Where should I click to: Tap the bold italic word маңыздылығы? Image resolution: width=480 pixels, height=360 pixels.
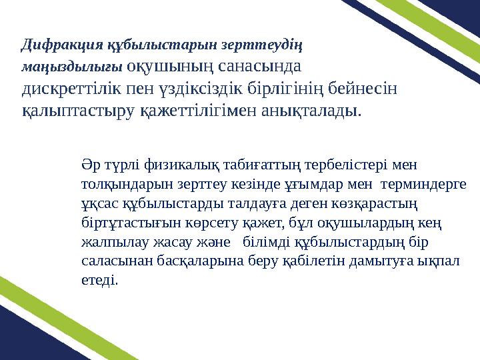coord(71,67)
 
